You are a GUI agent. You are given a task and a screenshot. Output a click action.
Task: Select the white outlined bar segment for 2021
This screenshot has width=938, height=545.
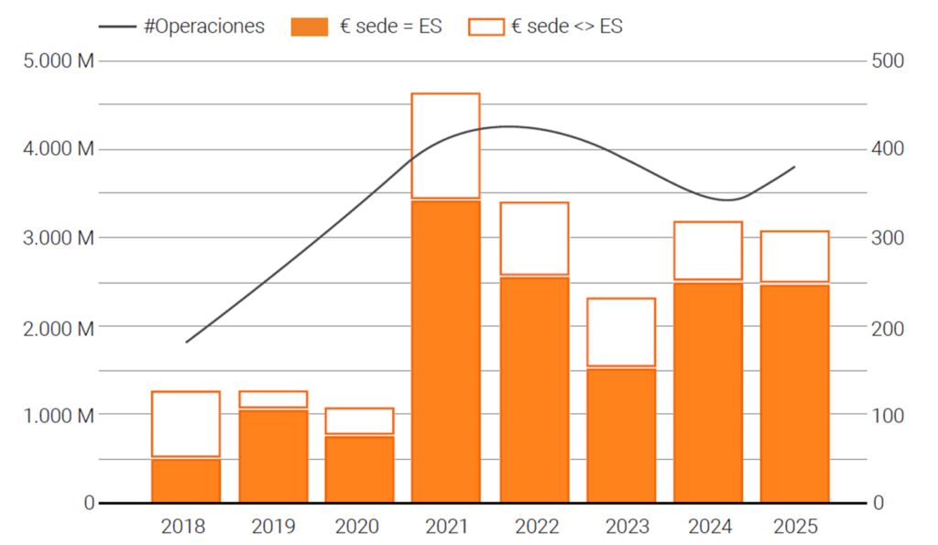point(446,146)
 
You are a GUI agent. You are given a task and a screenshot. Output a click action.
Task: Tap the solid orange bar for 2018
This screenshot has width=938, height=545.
point(186,480)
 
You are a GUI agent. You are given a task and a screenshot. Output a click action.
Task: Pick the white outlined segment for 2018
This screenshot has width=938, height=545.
point(186,423)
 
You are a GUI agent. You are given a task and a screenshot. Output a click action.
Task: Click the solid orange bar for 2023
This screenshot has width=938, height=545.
point(621,435)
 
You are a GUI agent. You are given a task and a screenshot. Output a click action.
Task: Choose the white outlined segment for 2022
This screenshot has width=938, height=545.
point(533,238)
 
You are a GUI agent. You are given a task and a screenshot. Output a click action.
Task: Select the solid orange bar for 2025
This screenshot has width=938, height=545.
point(794,394)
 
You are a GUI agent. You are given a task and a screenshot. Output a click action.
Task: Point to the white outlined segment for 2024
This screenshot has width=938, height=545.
point(708,250)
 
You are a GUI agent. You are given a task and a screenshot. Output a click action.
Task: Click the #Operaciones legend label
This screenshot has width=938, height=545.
point(203,27)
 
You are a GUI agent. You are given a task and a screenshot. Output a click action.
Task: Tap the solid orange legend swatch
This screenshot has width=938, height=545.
point(309,27)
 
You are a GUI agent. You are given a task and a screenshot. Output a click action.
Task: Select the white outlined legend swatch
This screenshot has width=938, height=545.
point(485,27)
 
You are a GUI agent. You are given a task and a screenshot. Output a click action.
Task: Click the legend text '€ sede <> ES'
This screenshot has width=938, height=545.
point(569,27)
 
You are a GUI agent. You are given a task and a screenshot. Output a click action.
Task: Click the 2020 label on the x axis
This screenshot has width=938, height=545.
point(358,527)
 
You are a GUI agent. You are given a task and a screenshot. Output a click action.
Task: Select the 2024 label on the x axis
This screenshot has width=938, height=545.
point(708,527)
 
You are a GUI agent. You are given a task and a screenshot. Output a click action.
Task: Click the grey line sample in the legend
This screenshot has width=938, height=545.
point(116,27)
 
